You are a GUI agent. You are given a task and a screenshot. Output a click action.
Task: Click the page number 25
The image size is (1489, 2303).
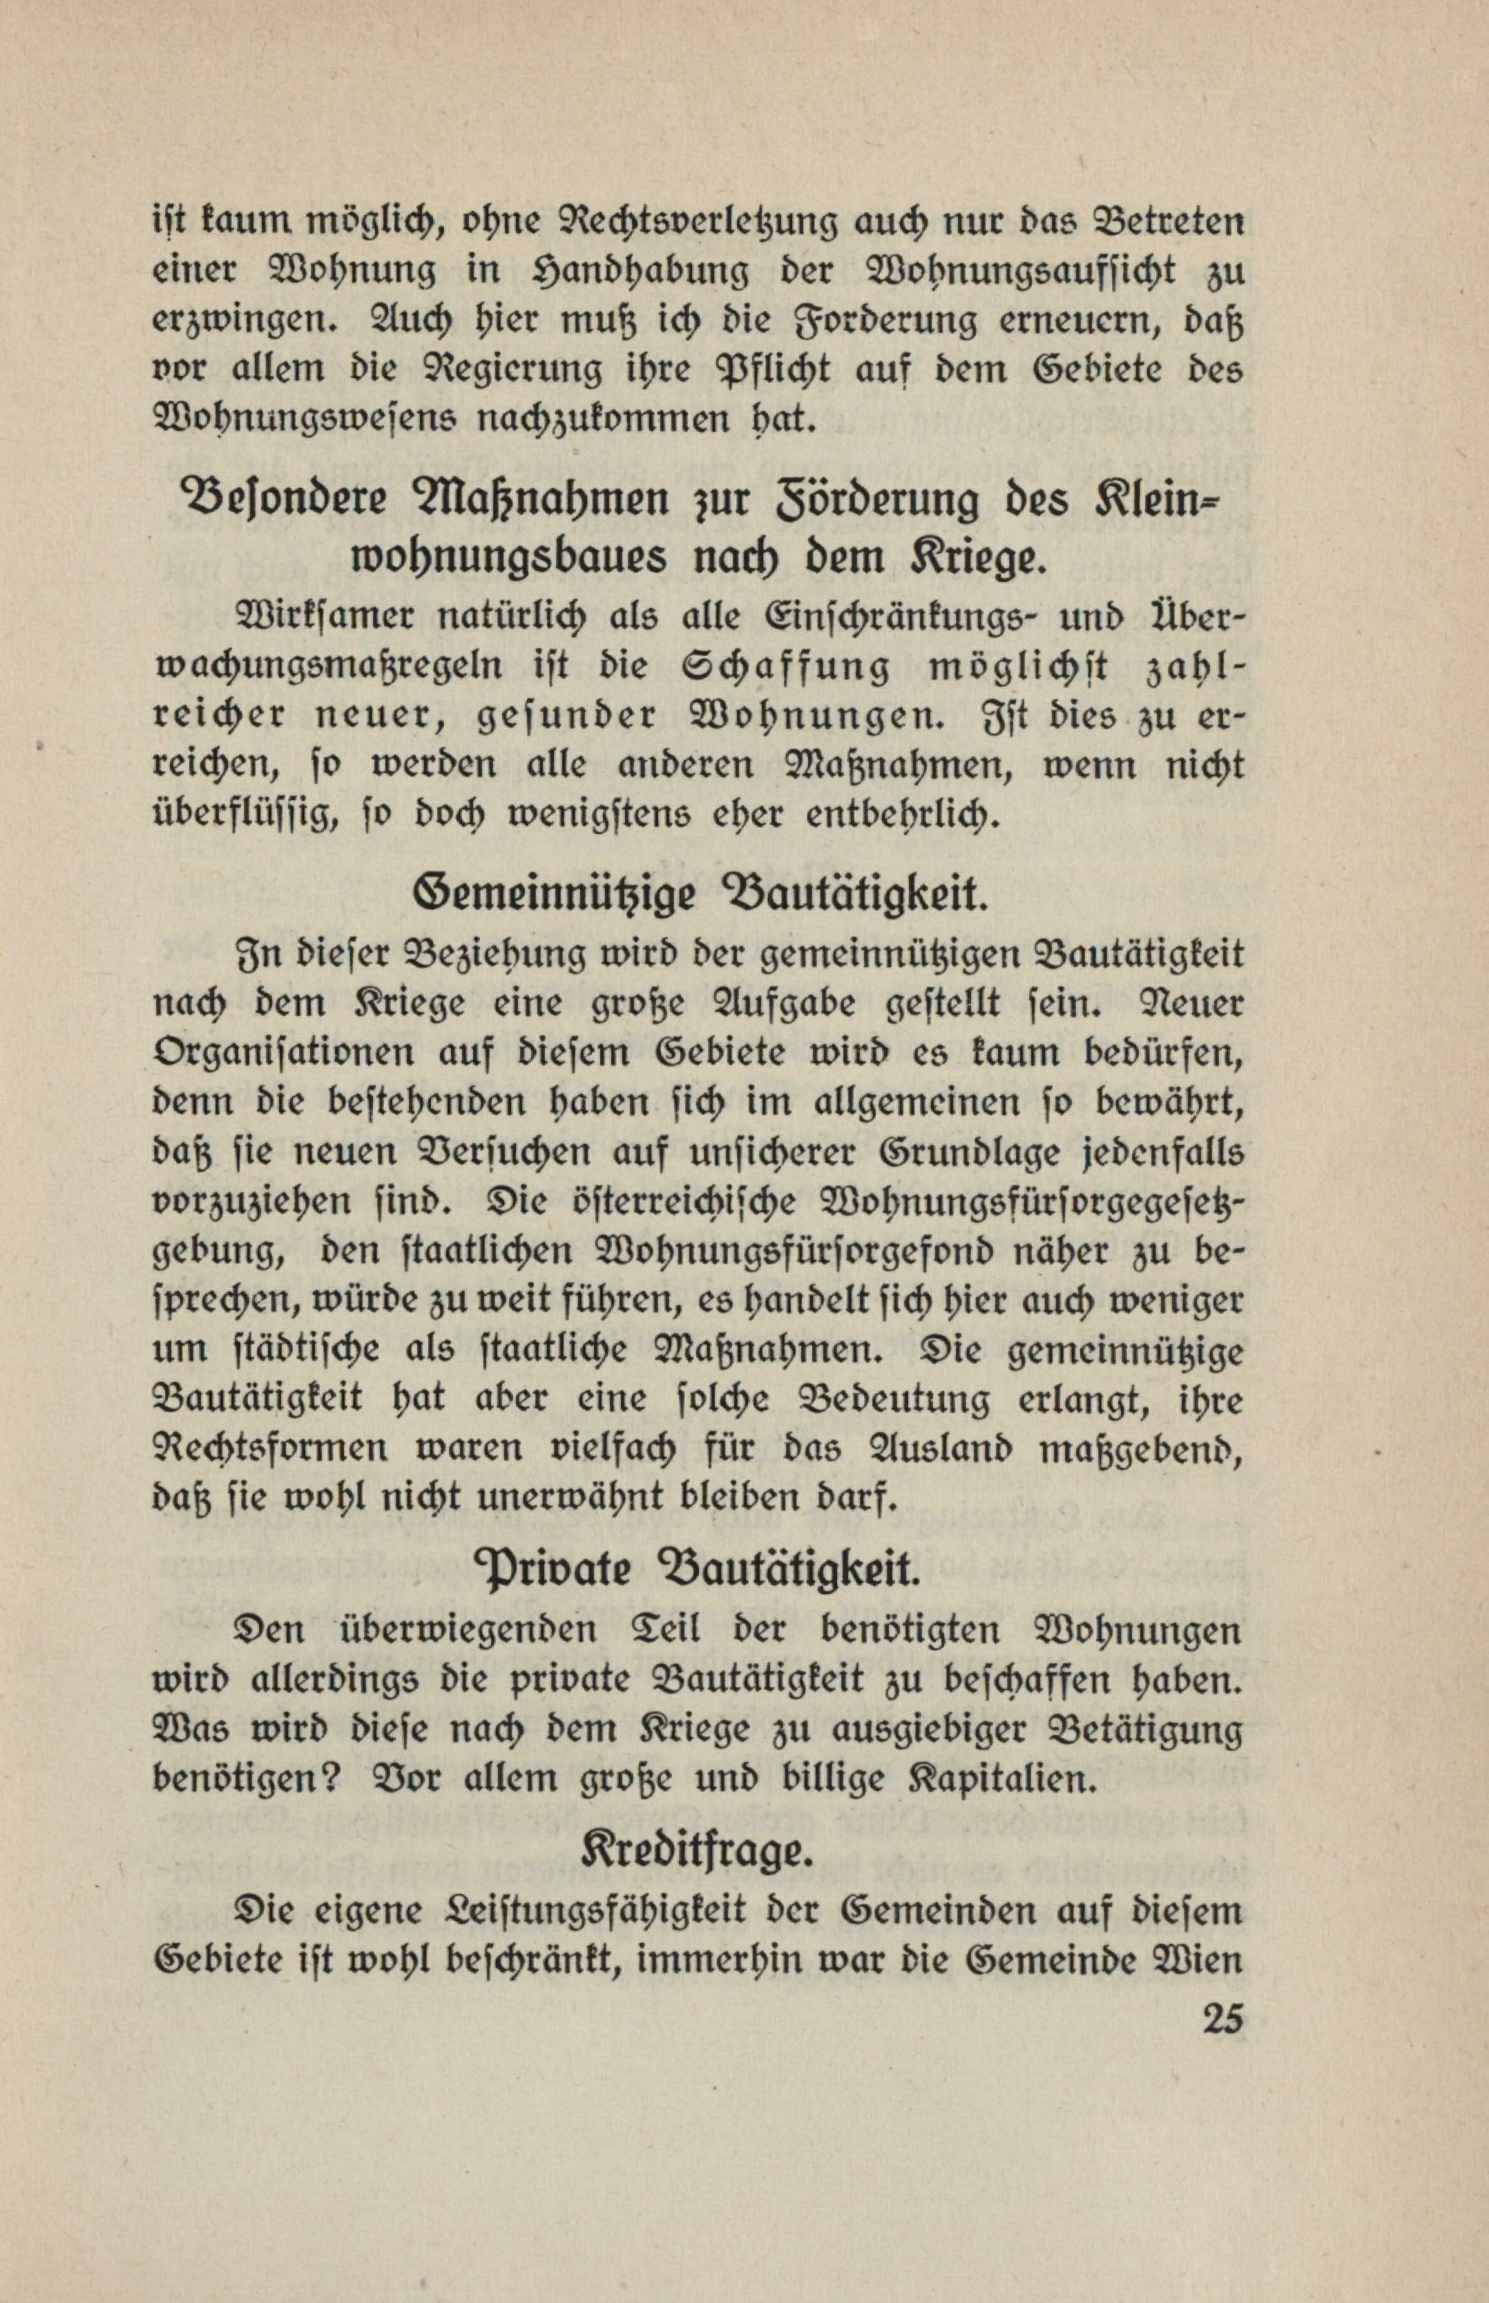click(1221, 2020)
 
